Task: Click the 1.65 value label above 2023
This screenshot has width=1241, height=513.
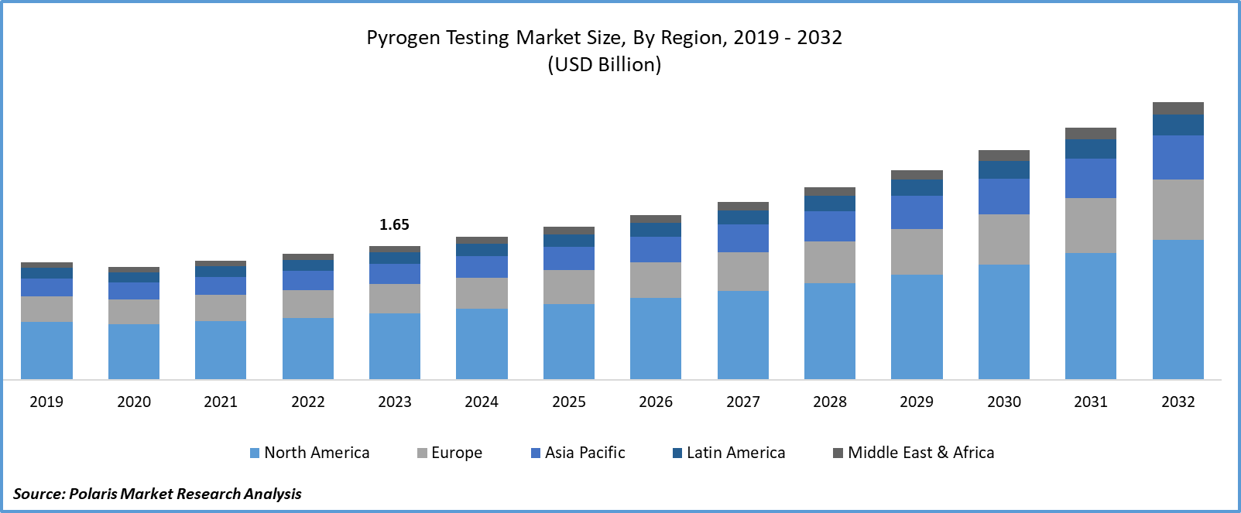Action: [x=394, y=224]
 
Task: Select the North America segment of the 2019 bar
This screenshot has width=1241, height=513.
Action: [x=46, y=350]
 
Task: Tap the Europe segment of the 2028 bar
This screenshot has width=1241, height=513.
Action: [x=830, y=262]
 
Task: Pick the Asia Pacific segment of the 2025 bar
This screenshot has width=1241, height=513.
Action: [x=569, y=258]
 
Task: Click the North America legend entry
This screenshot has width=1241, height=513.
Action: [x=310, y=453]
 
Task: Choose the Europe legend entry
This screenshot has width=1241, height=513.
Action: [x=450, y=453]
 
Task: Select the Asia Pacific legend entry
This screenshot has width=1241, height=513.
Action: [x=578, y=453]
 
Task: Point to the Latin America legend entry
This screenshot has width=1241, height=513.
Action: [x=728, y=453]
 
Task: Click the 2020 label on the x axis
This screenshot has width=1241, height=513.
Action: [x=134, y=402]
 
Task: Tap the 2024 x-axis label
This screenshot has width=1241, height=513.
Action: [x=482, y=402]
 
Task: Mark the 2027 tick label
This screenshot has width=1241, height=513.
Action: [x=743, y=402]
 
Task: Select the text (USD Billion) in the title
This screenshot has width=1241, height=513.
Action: [x=605, y=64]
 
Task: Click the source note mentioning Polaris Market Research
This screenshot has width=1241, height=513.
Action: [x=157, y=494]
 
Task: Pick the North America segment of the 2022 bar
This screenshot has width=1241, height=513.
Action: [x=308, y=348]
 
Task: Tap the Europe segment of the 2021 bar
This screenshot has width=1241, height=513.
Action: [x=221, y=308]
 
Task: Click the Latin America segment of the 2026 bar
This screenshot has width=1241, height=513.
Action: [x=656, y=230]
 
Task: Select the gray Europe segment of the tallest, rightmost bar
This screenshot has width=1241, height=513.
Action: [x=1178, y=210]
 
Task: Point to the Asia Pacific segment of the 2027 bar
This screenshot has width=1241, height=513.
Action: [x=743, y=238]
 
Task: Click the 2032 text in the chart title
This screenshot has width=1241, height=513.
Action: [x=820, y=38]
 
